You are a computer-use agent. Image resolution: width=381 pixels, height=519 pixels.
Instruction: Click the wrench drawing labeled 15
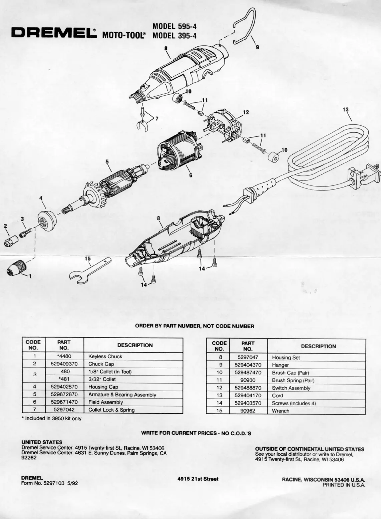(x=88, y=271)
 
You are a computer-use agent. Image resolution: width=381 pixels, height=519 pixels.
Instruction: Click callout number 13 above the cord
(x=345, y=109)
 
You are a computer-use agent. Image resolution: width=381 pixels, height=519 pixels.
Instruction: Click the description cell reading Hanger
(x=280, y=365)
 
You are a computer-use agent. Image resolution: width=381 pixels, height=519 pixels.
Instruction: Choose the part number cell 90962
(x=248, y=411)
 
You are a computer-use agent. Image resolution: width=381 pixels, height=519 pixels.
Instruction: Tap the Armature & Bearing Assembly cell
(x=122, y=395)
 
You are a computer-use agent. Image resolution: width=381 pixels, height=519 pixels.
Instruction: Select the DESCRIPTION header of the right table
(x=318, y=346)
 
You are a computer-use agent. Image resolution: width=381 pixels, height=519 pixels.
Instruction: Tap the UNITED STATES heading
(x=42, y=442)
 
